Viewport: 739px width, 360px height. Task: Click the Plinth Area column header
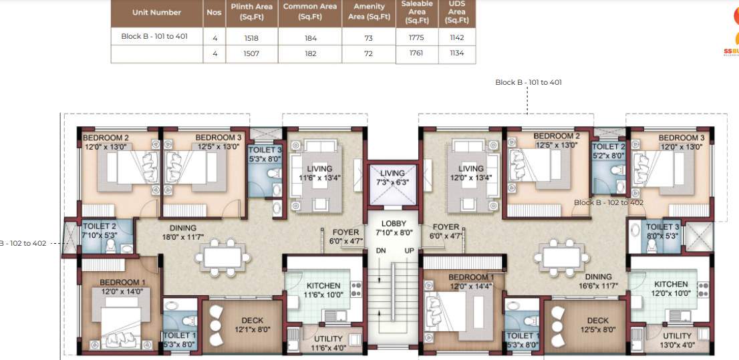coord(251,12)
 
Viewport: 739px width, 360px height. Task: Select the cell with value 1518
coord(251,38)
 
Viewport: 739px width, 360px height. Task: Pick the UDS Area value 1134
coord(457,53)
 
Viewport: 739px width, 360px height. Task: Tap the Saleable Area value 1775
coord(416,38)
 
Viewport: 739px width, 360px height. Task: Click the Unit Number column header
coord(156,12)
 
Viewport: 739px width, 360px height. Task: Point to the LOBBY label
coord(393,224)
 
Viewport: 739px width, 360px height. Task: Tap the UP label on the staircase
coord(410,250)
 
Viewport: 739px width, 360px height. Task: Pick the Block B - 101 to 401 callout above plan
coord(528,82)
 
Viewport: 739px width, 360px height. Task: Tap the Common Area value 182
coord(310,53)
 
